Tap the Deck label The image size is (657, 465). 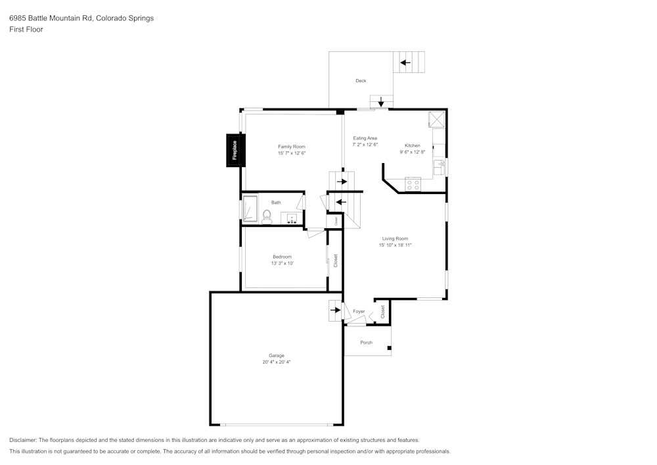(361, 81)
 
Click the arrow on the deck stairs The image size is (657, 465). (405, 63)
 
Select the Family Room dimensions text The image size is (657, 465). (291, 153)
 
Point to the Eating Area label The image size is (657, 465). (365, 138)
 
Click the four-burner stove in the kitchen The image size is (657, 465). (413, 184)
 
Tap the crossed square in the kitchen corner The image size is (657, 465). (437, 119)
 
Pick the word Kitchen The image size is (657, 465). (412, 145)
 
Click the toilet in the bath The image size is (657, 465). (267, 216)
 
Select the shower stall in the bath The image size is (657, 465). (250, 210)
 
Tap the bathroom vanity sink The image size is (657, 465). (292, 217)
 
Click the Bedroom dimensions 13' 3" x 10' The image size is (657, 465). (282, 263)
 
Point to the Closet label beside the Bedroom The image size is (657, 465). (335, 260)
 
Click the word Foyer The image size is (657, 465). (359, 311)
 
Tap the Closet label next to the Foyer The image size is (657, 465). (383, 312)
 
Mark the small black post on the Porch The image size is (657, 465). (389, 348)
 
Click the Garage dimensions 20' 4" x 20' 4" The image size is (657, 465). (276, 362)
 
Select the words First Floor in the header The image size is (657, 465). (26, 30)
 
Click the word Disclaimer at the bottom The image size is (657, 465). (23, 440)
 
